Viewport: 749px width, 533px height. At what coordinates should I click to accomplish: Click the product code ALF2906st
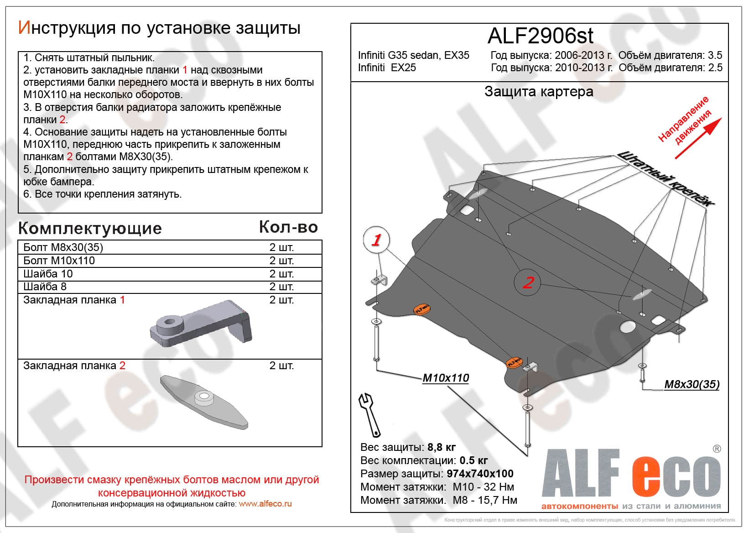pyautogui.click(x=540, y=36)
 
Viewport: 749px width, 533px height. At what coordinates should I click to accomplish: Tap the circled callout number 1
pyautogui.click(x=376, y=240)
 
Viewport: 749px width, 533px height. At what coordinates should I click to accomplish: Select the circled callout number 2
pyautogui.click(x=528, y=282)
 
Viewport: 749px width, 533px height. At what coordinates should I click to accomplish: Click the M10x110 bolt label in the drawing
pyautogui.click(x=445, y=378)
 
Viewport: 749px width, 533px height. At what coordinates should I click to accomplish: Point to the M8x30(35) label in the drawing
pyautogui.click(x=692, y=384)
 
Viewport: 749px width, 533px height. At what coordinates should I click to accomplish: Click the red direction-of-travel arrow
pyautogui.click(x=698, y=139)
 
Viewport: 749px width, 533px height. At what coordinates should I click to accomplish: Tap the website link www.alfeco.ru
pyautogui.click(x=265, y=504)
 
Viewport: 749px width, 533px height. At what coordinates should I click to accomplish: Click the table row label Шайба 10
pyautogui.click(x=48, y=274)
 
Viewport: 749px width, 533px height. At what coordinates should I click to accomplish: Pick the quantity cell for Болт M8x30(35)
pyautogui.click(x=281, y=247)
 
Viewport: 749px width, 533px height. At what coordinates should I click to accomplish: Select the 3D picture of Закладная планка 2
pyautogui.click(x=204, y=402)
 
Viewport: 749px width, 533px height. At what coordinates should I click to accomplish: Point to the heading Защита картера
pyautogui.click(x=539, y=92)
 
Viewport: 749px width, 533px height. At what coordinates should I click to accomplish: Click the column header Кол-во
pyautogui.click(x=288, y=227)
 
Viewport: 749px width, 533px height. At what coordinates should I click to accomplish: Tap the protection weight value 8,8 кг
pyautogui.click(x=441, y=447)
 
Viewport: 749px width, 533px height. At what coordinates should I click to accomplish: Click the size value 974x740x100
pyautogui.click(x=480, y=474)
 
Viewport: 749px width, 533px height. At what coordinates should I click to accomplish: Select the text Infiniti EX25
pyautogui.click(x=387, y=68)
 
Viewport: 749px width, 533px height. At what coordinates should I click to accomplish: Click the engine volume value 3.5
pyautogui.click(x=715, y=55)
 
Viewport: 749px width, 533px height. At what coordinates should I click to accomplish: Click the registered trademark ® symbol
pyautogui.click(x=717, y=449)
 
